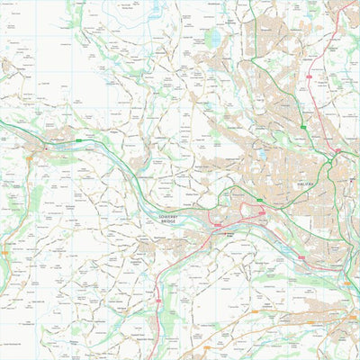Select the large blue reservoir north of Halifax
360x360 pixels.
(212, 39)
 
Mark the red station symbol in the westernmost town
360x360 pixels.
(42, 146)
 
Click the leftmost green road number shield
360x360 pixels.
(79, 140)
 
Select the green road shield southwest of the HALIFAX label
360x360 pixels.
(260, 198)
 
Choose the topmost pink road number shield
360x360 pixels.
(308, 79)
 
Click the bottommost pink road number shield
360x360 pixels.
(157, 300)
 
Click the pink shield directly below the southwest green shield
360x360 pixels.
(262, 212)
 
